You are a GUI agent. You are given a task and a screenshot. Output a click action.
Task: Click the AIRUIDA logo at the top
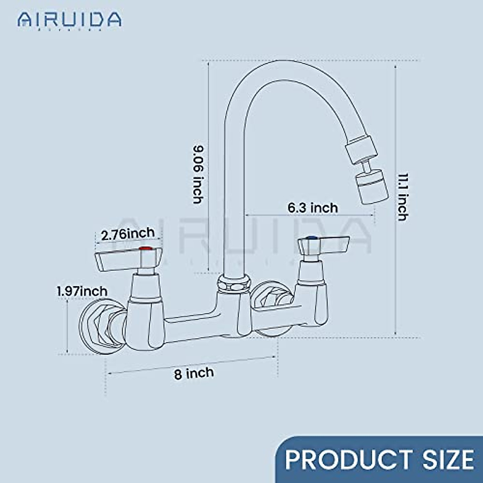coord(69,19)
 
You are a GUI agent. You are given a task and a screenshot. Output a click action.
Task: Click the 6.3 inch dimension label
coord(312,208)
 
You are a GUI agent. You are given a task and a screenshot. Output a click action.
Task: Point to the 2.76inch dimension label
coord(128,234)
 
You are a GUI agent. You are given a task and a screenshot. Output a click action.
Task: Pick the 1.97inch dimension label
coord(82,291)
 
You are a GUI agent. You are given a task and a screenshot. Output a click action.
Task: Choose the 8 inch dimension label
coord(194,373)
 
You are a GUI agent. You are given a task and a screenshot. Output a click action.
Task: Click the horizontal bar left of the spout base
coord(189,318)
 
